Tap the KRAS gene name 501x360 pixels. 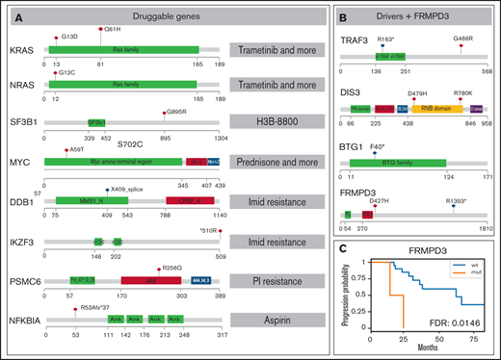tap(20, 49)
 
